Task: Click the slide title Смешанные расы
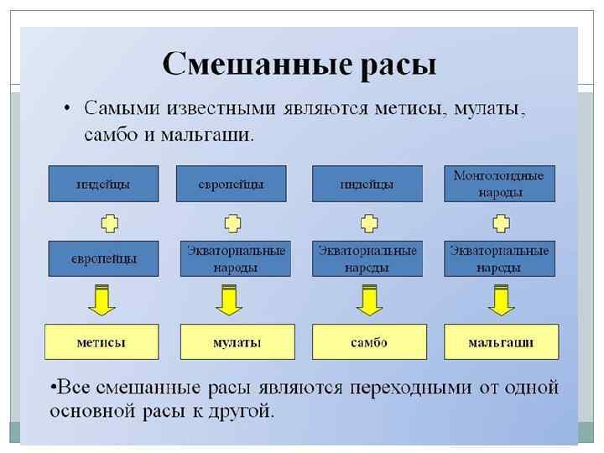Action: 299,64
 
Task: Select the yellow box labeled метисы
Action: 102,342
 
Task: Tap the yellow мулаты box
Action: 237,342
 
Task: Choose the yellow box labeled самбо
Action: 369,342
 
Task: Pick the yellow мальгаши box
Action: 501,342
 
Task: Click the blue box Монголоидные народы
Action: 499,184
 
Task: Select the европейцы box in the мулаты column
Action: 232,184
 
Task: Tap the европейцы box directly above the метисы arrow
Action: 104,259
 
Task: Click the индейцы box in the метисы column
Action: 104,184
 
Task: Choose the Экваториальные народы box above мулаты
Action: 236,259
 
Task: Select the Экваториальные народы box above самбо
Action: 367,259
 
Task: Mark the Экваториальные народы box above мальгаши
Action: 499,259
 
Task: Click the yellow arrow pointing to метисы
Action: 102,300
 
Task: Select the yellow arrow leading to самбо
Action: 368,300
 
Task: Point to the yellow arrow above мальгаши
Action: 501,300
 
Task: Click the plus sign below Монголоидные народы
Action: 501,222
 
